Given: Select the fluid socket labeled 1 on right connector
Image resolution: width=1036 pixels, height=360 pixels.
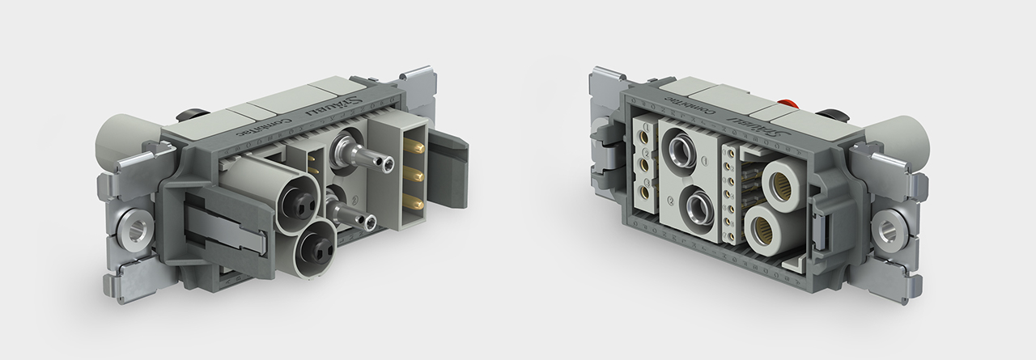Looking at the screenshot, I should click(682, 150).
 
